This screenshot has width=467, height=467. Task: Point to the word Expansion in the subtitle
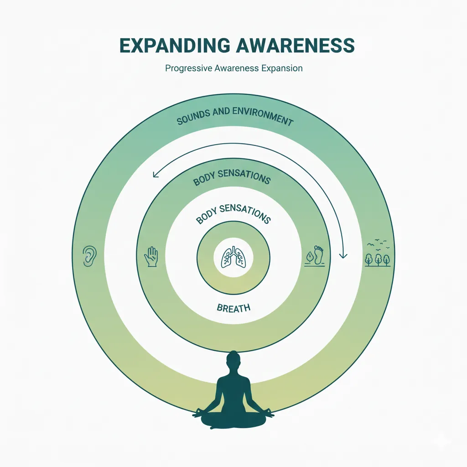[283, 69]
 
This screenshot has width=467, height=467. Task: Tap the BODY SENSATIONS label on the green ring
[232, 178]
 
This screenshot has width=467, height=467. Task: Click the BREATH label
[233, 308]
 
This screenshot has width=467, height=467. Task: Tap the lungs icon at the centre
[233, 257]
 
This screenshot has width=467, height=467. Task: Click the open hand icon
[150, 256]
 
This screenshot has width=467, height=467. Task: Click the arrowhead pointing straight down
[343, 255]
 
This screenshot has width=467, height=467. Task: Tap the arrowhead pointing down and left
[155, 174]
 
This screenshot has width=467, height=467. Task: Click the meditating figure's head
[233, 358]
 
